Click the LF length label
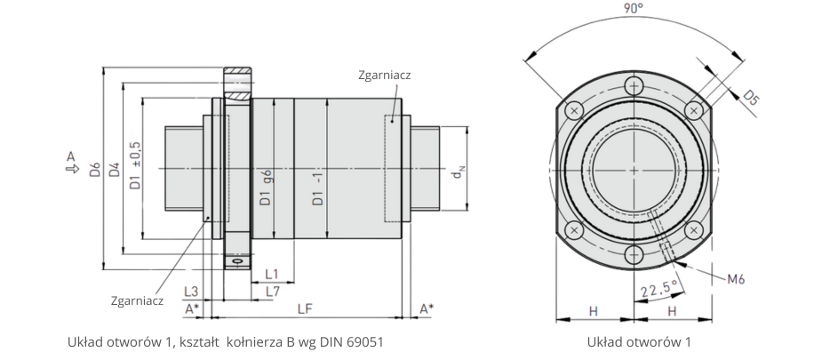coord(304,308)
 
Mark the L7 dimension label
coord(273,291)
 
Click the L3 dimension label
coord(190,291)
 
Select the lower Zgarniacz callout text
coord(138,300)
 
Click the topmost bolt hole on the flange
coord(634,86)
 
